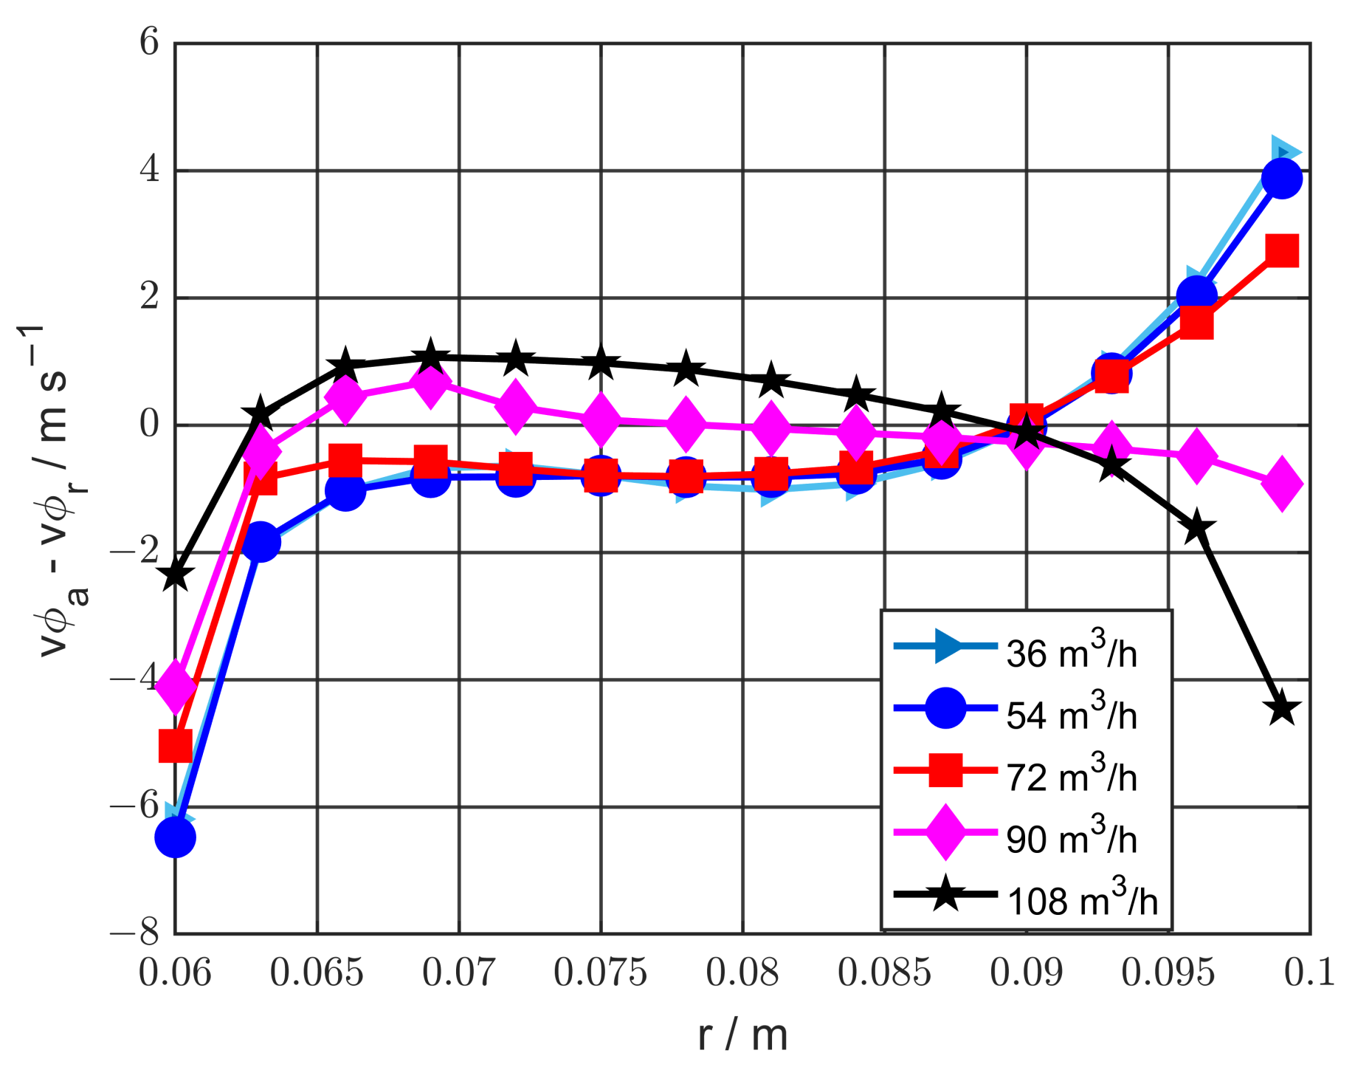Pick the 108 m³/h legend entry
coord(1082,900)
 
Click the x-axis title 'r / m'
coord(742,1035)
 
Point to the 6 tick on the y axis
coord(148,42)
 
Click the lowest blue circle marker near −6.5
coord(175,837)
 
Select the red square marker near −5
coord(176,745)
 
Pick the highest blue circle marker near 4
coord(1282,179)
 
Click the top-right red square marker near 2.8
coord(1282,251)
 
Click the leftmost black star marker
coord(176,575)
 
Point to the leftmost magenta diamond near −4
coord(176,685)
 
